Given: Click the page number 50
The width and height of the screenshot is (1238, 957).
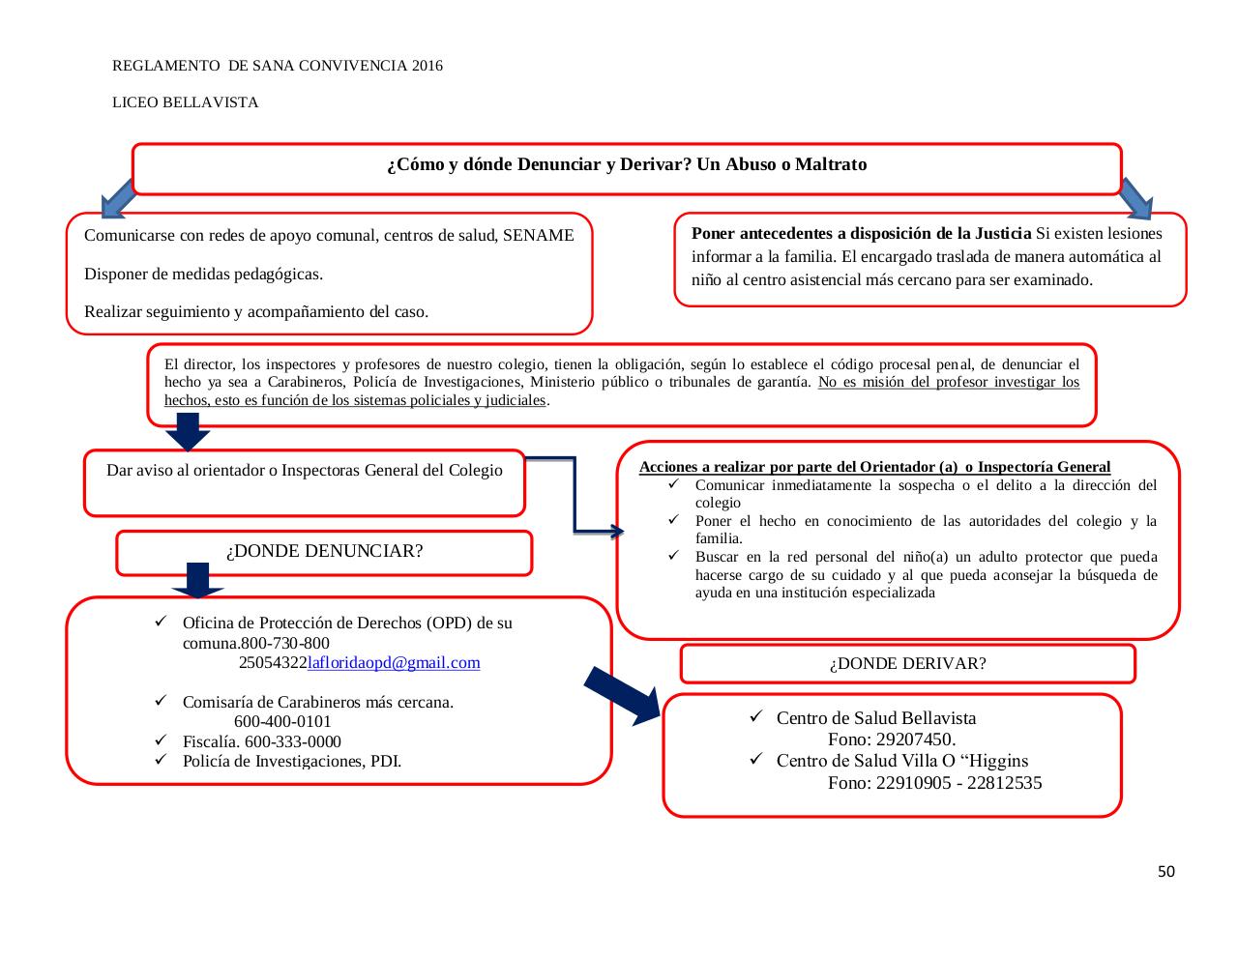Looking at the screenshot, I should [1166, 872].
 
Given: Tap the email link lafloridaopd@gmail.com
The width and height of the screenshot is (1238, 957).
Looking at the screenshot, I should [394, 663].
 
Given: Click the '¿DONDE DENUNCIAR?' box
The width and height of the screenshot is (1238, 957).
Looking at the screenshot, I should [324, 552].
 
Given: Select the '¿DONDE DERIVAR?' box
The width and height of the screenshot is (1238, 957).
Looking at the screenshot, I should [907, 664].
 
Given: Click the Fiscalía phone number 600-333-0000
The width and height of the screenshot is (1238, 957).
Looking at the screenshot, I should [293, 742].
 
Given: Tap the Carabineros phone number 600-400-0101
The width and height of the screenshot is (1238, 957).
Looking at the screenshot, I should [282, 722].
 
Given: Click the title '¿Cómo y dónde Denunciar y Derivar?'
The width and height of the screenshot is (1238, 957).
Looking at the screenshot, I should [627, 165].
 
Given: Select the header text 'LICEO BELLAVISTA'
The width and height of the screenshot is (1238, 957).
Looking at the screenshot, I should [186, 102].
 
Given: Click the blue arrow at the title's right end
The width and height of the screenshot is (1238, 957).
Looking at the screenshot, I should [1137, 198].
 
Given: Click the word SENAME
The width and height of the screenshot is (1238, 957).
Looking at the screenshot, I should [539, 236].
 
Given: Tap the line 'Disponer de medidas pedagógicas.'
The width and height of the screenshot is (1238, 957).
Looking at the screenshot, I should [204, 275].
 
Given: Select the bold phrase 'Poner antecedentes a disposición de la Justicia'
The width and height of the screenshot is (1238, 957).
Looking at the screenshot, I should [862, 234].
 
